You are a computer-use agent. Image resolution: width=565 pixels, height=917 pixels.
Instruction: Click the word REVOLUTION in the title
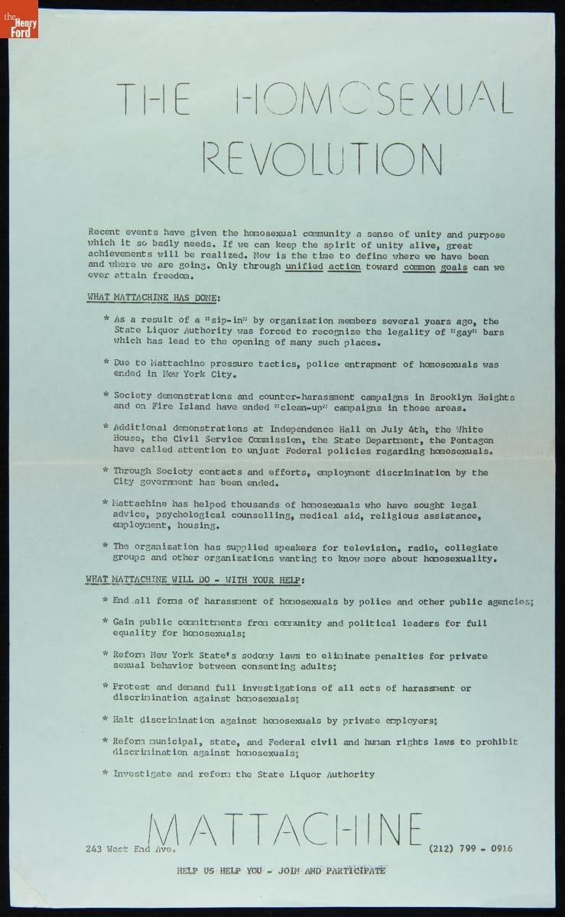pyautogui.click(x=322, y=158)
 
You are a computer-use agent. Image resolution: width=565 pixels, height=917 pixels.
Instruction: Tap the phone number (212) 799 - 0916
pyautogui.click(x=471, y=848)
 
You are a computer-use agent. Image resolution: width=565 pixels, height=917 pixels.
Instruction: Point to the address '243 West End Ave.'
pyautogui.click(x=131, y=848)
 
